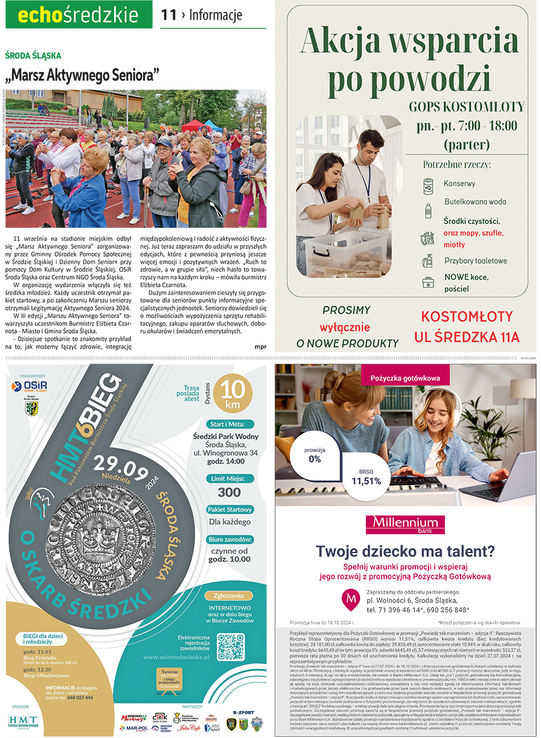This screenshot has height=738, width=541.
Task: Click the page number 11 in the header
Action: (x=168, y=14)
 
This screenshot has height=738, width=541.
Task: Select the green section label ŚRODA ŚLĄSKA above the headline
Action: (x=33, y=55)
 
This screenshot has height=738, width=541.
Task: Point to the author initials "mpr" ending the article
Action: (x=260, y=346)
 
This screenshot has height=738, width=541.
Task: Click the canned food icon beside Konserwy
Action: (x=428, y=186)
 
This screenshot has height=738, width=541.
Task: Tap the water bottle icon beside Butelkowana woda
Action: (x=428, y=210)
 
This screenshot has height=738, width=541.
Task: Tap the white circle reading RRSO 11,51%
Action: (x=366, y=477)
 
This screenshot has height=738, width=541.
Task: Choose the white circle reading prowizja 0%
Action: (x=314, y=454)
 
